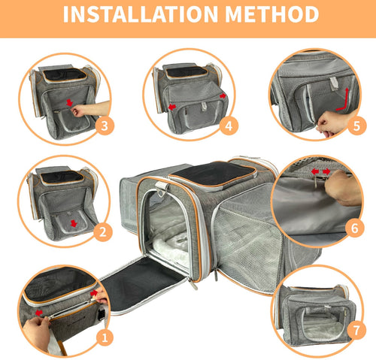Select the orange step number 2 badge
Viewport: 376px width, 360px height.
[x=104, y=232]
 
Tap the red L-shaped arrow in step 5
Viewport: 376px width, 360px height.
[x=344, y=98]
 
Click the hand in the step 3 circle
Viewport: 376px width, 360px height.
[x=96, y=110]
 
